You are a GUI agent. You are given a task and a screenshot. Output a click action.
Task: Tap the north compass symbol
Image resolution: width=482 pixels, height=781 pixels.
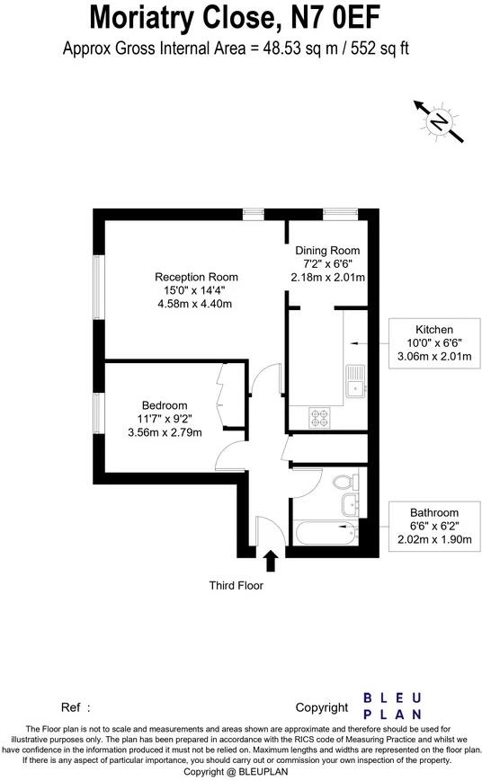tap(439, 121)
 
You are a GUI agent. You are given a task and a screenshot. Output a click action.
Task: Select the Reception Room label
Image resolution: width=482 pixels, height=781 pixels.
tap(196, 276)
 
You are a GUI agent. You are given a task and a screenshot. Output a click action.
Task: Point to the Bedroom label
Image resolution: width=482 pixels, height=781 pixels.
tap(165, 404)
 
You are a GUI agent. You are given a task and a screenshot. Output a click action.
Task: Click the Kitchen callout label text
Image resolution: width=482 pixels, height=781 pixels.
tap(434, 329)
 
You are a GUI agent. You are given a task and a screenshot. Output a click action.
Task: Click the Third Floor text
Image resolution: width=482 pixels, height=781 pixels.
tap(236, 586)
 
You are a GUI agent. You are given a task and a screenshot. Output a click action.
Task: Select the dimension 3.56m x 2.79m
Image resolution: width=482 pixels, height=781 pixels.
tap(165, 432)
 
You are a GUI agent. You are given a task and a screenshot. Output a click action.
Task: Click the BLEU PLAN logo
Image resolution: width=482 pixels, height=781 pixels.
tap(393, 706)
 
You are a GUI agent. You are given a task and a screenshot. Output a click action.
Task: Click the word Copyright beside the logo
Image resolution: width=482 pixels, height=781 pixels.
tap(321, 708)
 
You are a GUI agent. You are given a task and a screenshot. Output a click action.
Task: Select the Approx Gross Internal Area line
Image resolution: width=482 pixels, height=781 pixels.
tap(240, 49)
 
